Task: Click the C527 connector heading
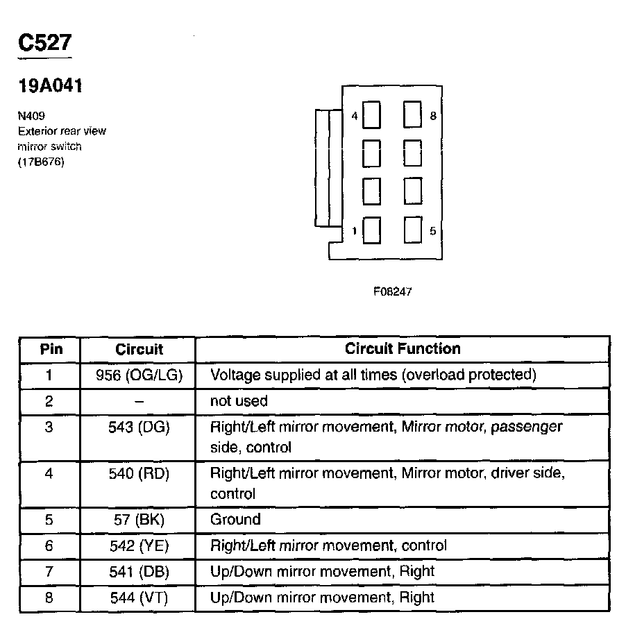click(44, 43)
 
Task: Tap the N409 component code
click(32, 116)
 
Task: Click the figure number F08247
click(392, 292)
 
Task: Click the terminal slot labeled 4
click(372, 115)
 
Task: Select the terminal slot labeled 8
click(413, 115)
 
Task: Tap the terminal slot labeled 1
click(372, 230)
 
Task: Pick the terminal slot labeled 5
click(413, 230)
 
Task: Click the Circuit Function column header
click(403, 348)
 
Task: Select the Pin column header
click(51, 348)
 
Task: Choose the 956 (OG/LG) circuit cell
click(139, 375)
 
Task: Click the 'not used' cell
click(239, 401)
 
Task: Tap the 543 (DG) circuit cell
click(139, 427)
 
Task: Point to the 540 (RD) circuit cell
click(139, 474)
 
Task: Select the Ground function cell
click(235, 519)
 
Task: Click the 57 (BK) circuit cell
click(139, 519)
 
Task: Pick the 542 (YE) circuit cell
click(139, 545)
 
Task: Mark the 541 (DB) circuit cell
click(139, 572)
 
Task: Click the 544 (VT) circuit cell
click(139, 598)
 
